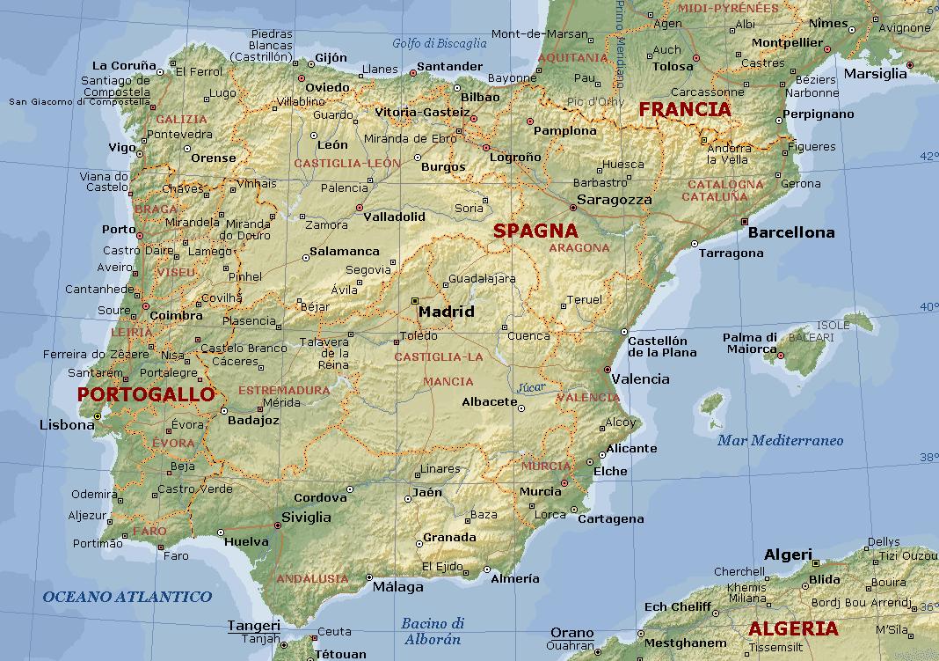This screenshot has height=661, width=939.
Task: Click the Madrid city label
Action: point(446,312)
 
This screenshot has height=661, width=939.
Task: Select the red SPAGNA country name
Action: point(535,231)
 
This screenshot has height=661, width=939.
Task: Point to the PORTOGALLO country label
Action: point(146,394)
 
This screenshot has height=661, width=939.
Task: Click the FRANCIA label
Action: point(685,110)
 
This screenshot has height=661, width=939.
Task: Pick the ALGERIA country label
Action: point(793,629)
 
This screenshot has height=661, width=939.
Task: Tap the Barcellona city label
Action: point(791,233)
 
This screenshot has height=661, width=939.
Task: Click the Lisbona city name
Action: point(67,425)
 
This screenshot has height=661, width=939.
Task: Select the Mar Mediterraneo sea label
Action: point(780,441)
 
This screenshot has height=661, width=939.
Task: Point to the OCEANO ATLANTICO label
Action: point(127,597)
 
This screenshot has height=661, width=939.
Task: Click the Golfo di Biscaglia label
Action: point(440,43)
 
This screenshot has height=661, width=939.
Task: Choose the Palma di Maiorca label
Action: point(750,344)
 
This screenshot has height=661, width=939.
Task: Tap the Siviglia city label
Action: point(306,518)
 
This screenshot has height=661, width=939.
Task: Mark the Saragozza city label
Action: point(615,200)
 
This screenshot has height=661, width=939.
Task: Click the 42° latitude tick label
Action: point(928,156)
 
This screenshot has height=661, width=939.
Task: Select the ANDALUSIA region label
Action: point(312,578)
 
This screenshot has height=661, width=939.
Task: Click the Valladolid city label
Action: point(394,217)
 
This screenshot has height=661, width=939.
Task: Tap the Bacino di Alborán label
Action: point(433,631)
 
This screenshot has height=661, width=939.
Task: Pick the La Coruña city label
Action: point(124,65)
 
